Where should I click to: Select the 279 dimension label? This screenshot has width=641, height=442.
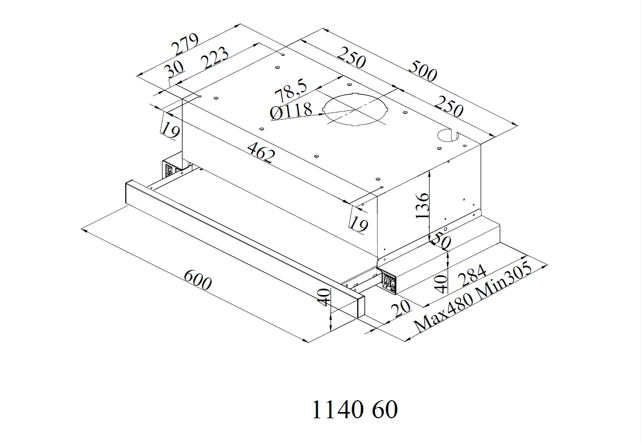tap(185, 45)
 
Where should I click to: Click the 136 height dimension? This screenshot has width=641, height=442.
tap(422, 205)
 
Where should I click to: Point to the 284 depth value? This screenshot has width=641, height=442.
tap(473, 275)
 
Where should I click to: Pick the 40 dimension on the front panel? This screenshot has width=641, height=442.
tap(324, 297)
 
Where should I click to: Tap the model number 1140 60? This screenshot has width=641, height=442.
tap(355, 411)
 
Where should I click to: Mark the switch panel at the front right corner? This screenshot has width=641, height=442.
tap(389, 282)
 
